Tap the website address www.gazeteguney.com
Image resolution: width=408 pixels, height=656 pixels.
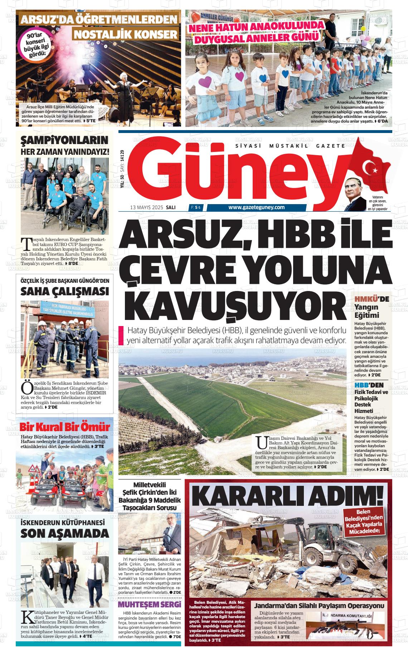coord(256,207)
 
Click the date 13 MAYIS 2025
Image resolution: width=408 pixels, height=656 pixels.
coord(147,207)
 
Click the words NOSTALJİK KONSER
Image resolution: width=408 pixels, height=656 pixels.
coord(126,34)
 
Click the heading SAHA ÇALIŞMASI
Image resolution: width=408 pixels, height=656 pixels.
coord(64,291)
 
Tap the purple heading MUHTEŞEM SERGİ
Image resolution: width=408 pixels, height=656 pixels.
coord(150,605)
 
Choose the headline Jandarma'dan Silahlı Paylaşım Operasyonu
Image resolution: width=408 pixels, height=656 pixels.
coord(319,606)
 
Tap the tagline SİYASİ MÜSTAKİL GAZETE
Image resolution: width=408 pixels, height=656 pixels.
coord(290,146)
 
